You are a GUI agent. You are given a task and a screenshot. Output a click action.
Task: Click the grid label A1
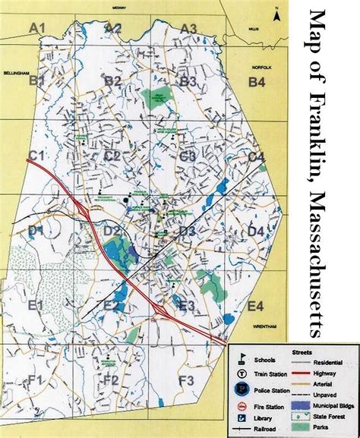[38, 28]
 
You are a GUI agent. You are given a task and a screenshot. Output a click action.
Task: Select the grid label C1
[37, 156]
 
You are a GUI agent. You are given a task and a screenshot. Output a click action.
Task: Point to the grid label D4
[256, 231]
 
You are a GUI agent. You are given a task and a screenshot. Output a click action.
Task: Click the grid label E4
[255, 306]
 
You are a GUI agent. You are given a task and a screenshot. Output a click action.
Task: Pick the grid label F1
[36, 380]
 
